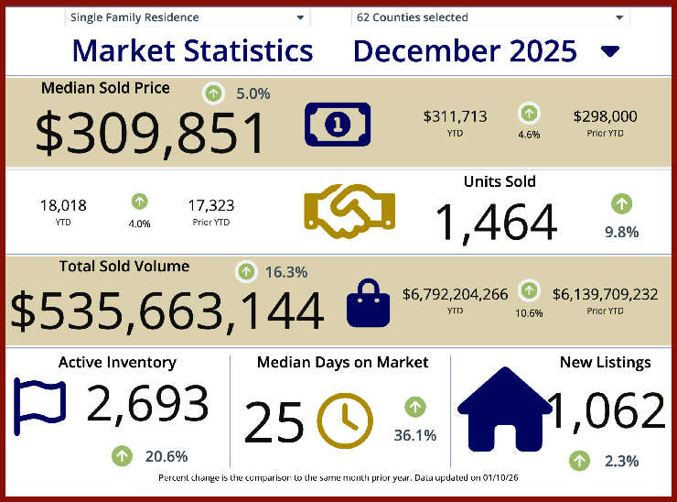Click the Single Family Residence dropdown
(x=187, y=17)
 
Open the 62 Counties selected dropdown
(x=489, y=17)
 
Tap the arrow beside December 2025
(x=610, y=51)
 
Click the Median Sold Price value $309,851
(x=151, y=134)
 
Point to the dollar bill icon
(x=338, y=125)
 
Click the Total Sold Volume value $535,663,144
(x=167, y=311)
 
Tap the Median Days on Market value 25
(x=274, y=423)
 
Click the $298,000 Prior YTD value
(x=605, y=116)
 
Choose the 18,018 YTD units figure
(x=63, y=205)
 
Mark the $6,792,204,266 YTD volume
(x=455, y=294)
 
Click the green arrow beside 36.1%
(x=414, y=406)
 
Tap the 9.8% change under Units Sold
(x=621, y=232)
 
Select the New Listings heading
(x=605, y=363)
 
